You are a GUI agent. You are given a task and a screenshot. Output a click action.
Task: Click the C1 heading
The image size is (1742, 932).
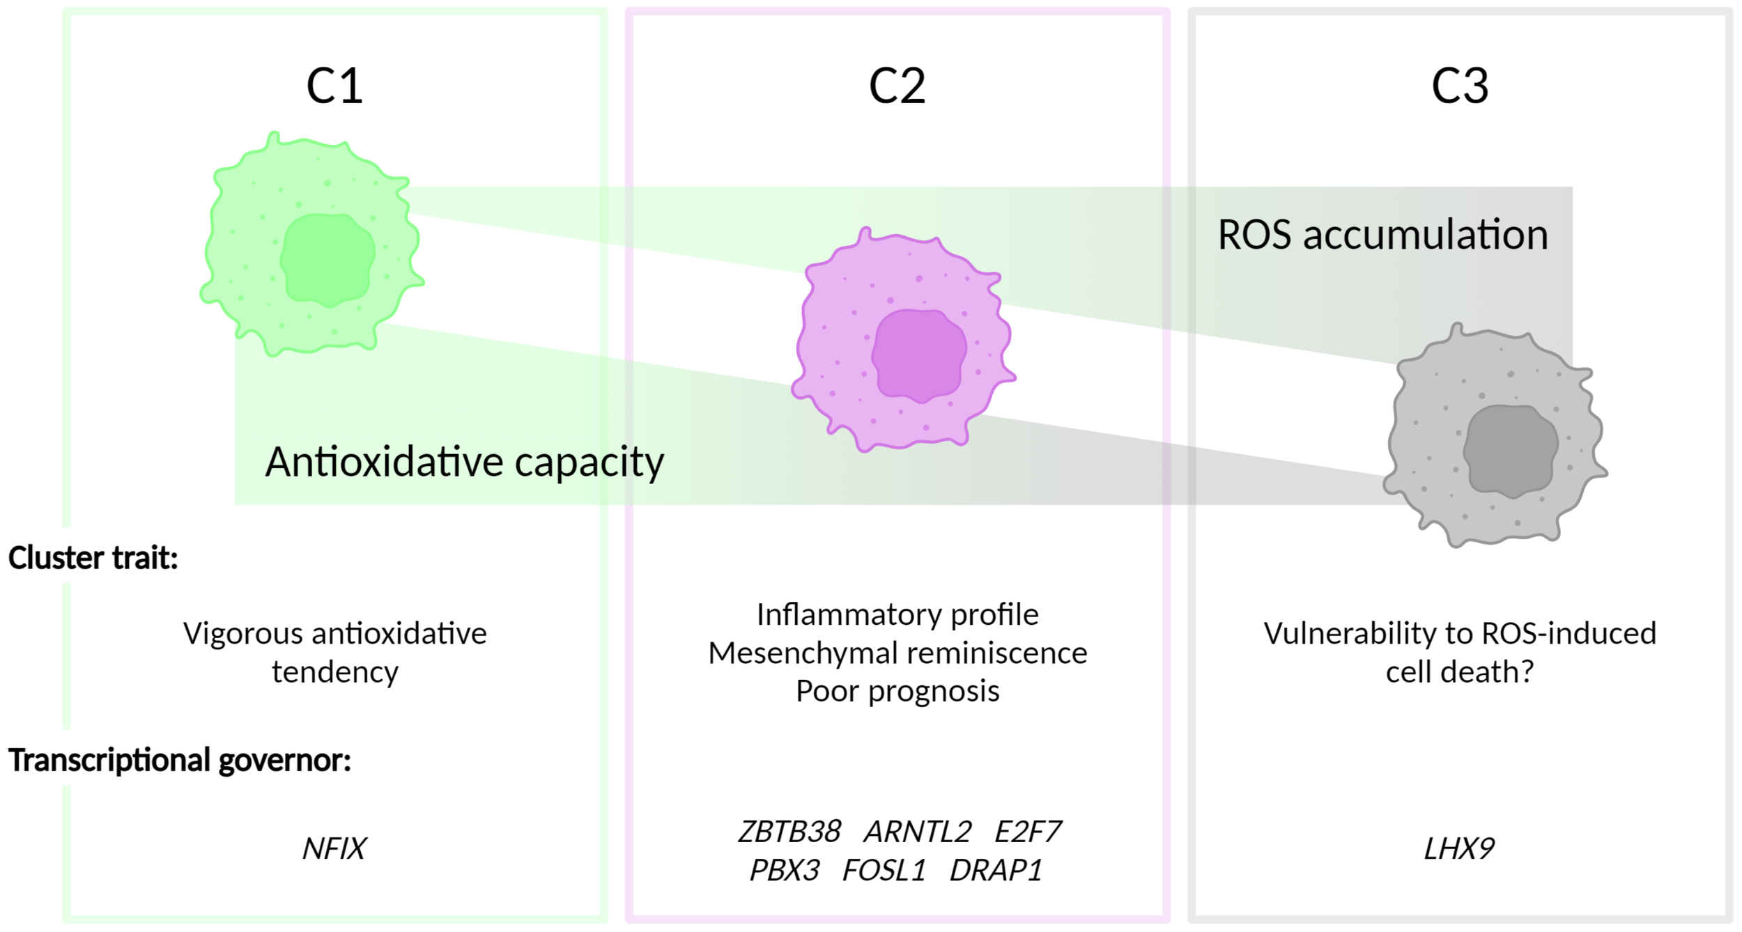(x=334, y=86)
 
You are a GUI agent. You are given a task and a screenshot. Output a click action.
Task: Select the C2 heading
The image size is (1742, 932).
(x=897, y=86)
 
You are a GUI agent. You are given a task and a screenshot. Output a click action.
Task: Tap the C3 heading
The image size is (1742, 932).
(x=1460, y=86)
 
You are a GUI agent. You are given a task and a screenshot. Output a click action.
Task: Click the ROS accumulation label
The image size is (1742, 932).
(x=1382, y=235)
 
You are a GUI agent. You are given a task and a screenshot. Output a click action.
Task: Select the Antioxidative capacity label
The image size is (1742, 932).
(x=465, y=462)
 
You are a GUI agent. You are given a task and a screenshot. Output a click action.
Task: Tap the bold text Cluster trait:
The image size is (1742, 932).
(x=93, y=558)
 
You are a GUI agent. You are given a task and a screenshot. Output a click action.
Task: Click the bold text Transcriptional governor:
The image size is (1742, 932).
(x=179, y=760)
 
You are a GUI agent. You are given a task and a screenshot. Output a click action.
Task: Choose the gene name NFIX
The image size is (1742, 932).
(x=334, y=848)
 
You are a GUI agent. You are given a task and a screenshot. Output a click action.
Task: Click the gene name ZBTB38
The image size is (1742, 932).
(x=789, y=832)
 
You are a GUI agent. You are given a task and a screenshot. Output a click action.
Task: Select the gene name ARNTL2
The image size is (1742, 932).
(x=918, y=832)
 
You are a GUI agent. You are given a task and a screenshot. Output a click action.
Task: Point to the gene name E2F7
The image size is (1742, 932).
(x=1027, y=832)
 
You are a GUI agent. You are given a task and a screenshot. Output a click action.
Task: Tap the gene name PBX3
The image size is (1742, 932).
(x=785, y=871)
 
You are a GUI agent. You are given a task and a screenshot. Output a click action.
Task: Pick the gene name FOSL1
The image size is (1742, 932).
(x=884, y=871)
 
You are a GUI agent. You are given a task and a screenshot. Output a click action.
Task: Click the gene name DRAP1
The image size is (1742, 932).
(x=996, y=871)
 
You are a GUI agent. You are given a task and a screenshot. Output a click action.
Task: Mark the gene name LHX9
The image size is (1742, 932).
(x=1459, y=848)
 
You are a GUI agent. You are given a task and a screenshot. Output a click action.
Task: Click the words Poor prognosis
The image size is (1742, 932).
(x=897, y=691)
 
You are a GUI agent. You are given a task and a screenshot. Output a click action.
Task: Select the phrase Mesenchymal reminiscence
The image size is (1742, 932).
(x=897, y=653)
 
